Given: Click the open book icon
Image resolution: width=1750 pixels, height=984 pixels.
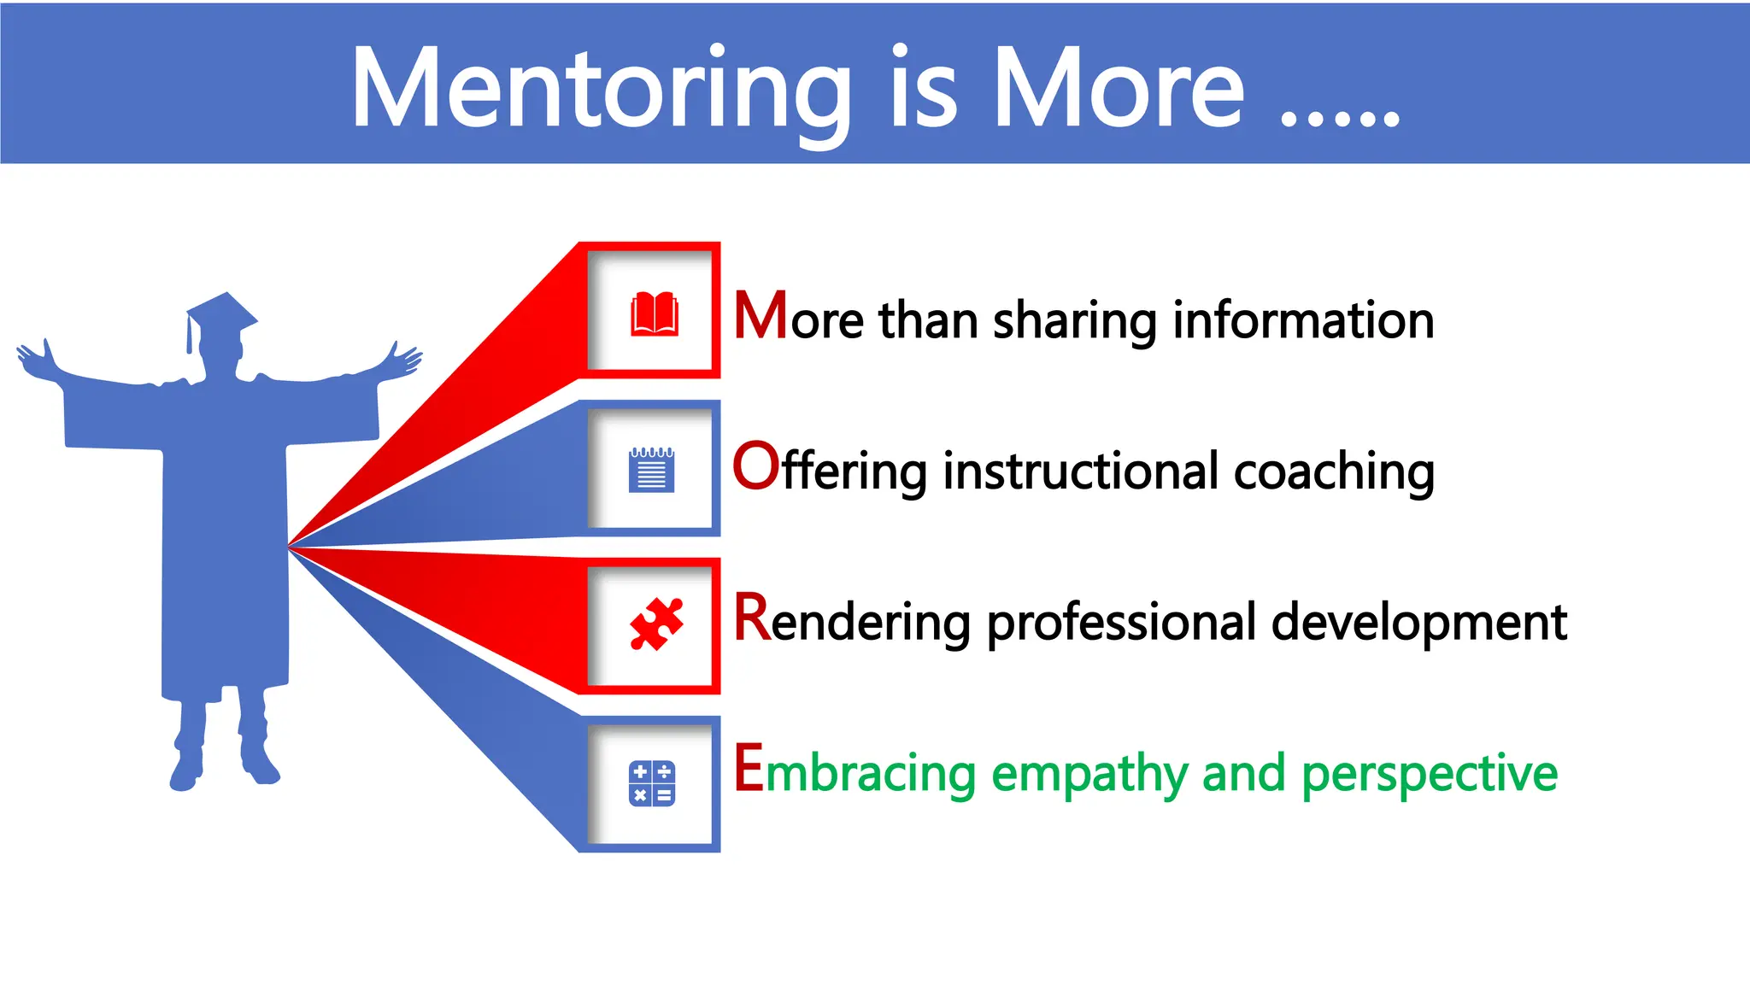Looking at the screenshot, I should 654,313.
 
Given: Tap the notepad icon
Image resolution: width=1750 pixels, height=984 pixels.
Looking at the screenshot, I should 651,470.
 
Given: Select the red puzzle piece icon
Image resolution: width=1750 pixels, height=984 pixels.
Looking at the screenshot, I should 655,624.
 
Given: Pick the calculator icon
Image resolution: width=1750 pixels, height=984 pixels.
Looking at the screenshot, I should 652,783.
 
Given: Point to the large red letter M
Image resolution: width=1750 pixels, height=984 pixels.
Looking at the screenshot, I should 760,316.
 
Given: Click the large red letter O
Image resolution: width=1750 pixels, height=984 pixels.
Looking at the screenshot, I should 755,466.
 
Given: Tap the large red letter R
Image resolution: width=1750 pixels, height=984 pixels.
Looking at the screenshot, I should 752,618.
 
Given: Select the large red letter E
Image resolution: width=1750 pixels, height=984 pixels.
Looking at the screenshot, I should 749,768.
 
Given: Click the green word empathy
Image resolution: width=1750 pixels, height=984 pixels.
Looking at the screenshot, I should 1089,775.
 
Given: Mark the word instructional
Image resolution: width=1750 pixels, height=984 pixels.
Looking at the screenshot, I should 1081,471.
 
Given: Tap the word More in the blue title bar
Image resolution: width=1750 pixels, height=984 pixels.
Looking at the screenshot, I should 1119,90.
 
